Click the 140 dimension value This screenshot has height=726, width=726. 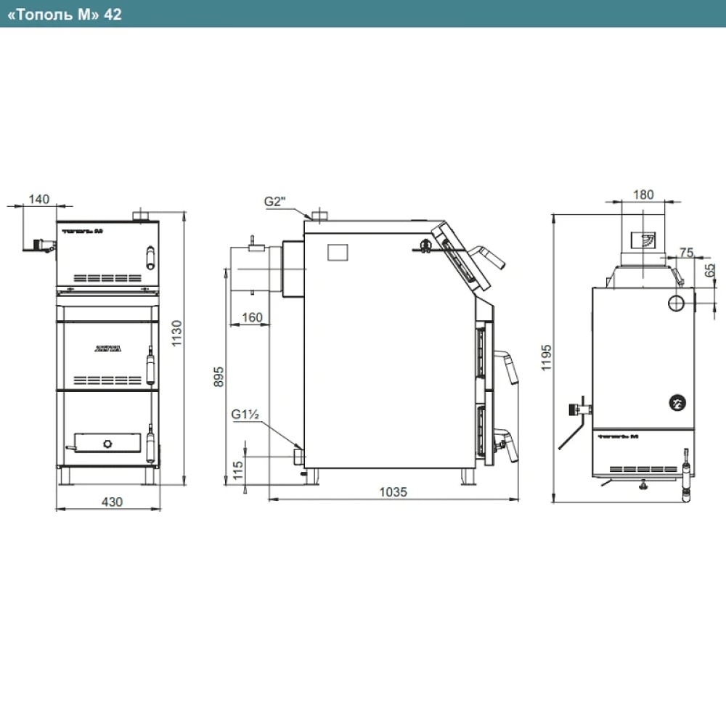(x=39, y=197)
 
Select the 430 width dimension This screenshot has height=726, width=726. (x=111, y=501)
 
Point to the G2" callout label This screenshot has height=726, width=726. (x=276, y=200)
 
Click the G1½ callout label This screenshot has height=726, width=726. (x=247, y=415)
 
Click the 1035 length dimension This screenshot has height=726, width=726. (x=393, y=492)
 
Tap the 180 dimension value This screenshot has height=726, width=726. (x=643, y=194)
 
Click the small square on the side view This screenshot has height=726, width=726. (x=338, y=251)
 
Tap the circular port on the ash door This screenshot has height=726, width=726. (x=107, y=442)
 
